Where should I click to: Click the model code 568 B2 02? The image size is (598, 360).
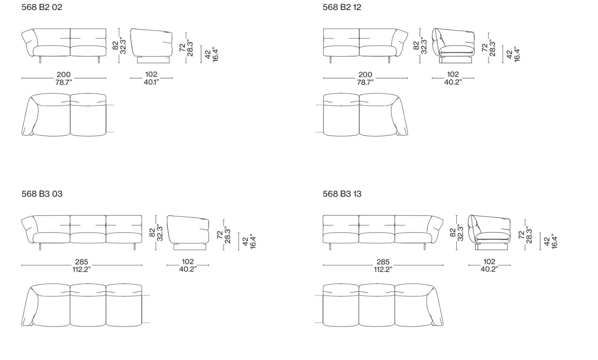click(42, 7)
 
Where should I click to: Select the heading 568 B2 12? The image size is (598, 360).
click(342, 7)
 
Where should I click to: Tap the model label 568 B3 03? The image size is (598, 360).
click(42, 194)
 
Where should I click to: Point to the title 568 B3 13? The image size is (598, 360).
click(342, 194)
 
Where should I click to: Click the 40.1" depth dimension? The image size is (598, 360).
click(151, 82)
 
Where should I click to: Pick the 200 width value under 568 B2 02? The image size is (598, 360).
click(64, 74)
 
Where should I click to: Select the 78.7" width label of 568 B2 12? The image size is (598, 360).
click(365, 82)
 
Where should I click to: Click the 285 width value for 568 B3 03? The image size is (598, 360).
click(82, 262)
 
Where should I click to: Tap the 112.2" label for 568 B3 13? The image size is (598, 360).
click(383, 269)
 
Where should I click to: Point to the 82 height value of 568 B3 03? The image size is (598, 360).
click(152, 232)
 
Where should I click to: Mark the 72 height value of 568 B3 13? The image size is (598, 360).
click(521, 235)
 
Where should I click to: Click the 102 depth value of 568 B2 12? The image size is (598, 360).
click(453, 74)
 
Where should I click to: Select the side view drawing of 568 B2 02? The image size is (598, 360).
click(151, 46)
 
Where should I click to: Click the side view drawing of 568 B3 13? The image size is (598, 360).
click(489, 232)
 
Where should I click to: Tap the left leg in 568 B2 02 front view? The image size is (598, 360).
click(40, 60)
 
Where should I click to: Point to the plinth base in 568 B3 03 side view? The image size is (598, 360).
click(190, 247)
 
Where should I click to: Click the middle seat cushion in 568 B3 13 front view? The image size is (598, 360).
click(377, 238)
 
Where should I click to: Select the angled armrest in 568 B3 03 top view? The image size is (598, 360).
click(30, 305)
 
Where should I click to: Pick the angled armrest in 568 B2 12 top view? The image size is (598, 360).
click(400, 115)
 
